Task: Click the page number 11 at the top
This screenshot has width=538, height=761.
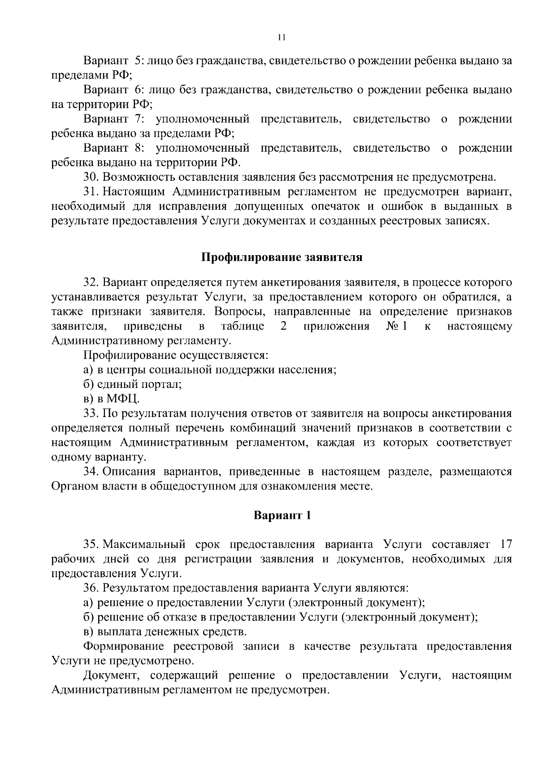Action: pos(282,38)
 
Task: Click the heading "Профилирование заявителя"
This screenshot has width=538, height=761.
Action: pos(281,258)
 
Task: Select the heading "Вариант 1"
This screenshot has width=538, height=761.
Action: pos(282,515)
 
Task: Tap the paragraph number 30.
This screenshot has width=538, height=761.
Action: pos(91,177)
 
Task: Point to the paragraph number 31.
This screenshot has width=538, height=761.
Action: pos(91,191)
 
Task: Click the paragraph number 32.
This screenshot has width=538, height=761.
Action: pos(91,283)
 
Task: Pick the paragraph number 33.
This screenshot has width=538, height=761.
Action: pos(91,413)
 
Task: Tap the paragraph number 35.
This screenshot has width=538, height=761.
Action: pos(91,544)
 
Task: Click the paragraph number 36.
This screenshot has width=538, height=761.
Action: pos(91,588)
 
